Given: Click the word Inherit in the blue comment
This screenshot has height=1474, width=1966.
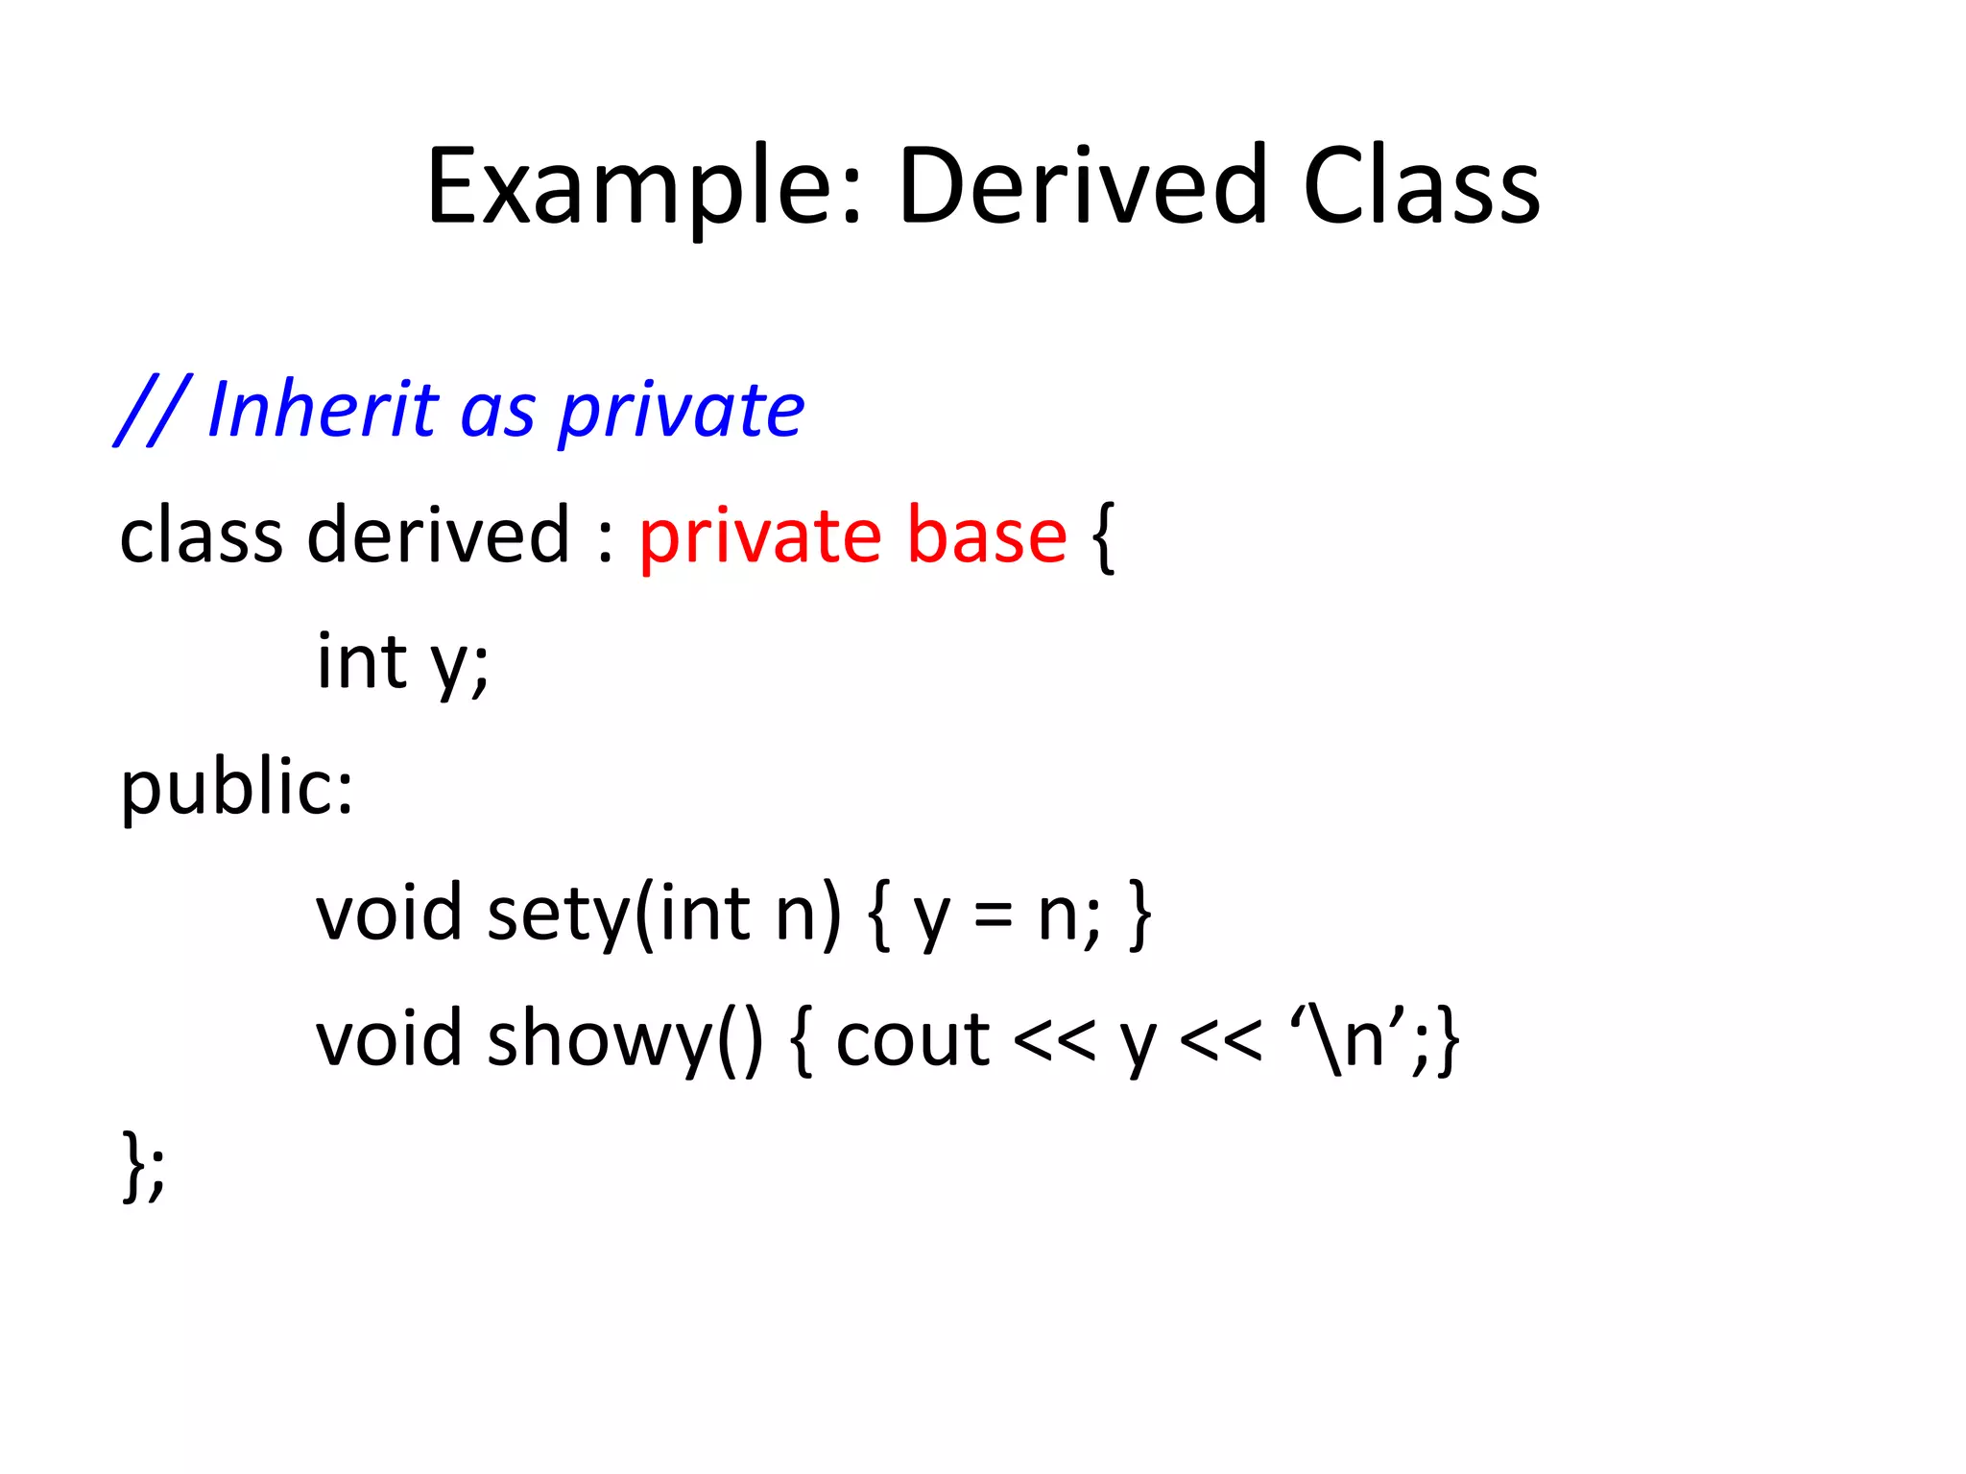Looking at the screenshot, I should (x=323, y=410).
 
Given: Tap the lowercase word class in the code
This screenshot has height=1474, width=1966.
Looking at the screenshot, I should (x=201, y=535).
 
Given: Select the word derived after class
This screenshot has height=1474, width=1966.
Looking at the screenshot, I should (x=438, y=535).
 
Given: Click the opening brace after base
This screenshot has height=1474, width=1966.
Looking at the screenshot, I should (x=1103, y=537).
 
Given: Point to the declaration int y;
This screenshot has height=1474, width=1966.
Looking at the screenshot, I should (x=402, y=662).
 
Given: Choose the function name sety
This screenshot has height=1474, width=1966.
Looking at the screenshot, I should (x=557, y=914).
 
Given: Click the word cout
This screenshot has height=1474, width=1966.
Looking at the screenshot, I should (x=912, y=1040).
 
